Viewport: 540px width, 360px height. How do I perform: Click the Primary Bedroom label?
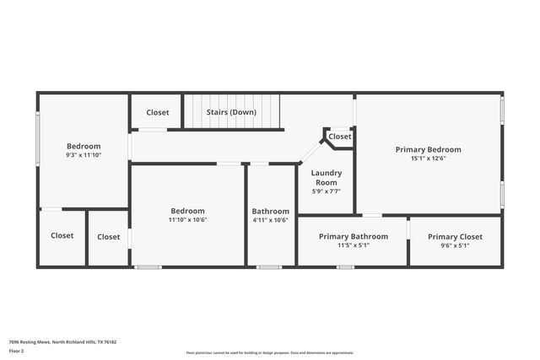tap(428, 149)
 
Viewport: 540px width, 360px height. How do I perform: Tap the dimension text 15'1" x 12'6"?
tap(428, 159)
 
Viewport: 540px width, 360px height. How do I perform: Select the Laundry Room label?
tap(326, 177)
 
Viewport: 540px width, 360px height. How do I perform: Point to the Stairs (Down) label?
tap(231, 112)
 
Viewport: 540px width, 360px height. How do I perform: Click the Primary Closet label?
tap(455, 237)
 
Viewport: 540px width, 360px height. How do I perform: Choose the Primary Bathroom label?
tap(353, 237)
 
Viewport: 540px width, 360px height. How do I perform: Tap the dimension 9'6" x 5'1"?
tap(455, 245)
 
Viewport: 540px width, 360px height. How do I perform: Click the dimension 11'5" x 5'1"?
tap(353, 245)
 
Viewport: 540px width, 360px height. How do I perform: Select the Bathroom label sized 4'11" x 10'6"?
tap(270, 212)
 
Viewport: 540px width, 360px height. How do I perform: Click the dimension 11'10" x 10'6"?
tap(187, 220)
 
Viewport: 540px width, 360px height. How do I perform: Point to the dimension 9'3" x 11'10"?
tap(83, 155)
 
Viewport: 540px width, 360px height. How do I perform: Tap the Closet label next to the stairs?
tap(157, 112)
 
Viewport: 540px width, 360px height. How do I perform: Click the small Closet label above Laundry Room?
tap(340, 137)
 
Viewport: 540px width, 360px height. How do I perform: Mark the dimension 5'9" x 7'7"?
tap(326, 191)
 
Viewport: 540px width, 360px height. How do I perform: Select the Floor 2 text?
tap(17, 350)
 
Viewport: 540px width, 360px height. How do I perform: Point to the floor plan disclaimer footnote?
tap(269, 353)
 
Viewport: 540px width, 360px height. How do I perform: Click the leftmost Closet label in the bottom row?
tap(62, 236)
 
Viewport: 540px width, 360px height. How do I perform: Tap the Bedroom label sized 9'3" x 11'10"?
tap(83, 146)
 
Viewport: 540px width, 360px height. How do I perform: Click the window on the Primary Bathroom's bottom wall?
tap(345, 267)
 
